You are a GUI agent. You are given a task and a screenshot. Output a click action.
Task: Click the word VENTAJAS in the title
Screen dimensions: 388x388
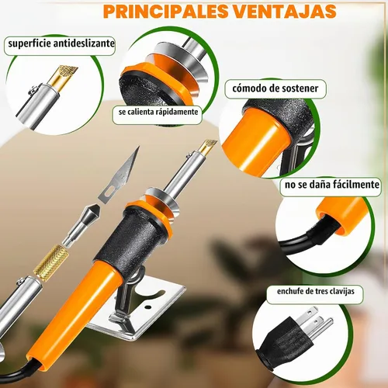click(x=279, y=11)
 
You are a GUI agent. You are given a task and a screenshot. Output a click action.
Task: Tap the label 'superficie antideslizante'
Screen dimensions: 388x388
click(x=61, y=43)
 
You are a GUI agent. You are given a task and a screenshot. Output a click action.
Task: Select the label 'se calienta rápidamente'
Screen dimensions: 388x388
click(x=158, y=112)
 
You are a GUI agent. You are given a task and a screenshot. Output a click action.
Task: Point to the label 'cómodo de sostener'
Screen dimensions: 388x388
click(x=275, y=88)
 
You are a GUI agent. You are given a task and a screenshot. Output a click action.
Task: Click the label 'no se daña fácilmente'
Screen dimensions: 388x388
click(x=332, y=185)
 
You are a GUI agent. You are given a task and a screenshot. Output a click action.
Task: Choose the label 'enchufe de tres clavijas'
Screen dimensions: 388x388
click(x=316, y=292)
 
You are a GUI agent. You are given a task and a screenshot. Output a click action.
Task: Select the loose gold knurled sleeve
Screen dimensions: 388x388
click(x=51, y=263)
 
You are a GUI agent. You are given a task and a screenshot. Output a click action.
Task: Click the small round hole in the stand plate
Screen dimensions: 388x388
click(x=148, y=308)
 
